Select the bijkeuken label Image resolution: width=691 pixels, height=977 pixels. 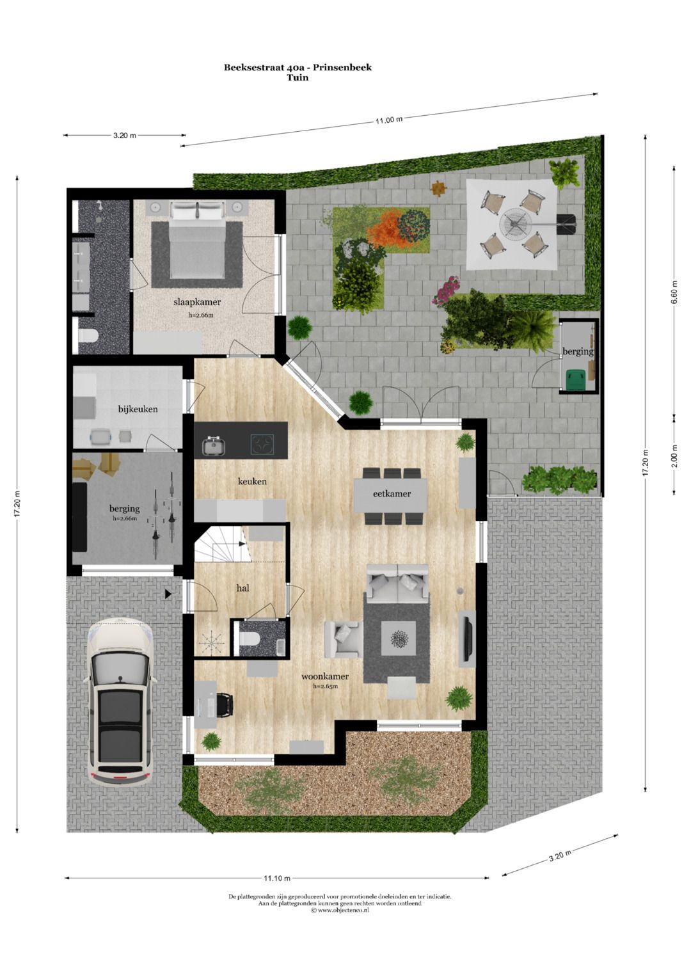[138, 409]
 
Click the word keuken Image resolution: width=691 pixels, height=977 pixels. [252, 481]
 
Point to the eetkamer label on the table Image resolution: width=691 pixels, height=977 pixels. [392, 493]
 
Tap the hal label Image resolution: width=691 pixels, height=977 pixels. [242, 588]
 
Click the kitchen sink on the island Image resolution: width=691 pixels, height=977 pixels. [214, 445]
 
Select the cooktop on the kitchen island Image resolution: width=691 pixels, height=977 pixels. [262, 443]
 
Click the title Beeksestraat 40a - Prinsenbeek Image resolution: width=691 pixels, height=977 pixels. [298, 67]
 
